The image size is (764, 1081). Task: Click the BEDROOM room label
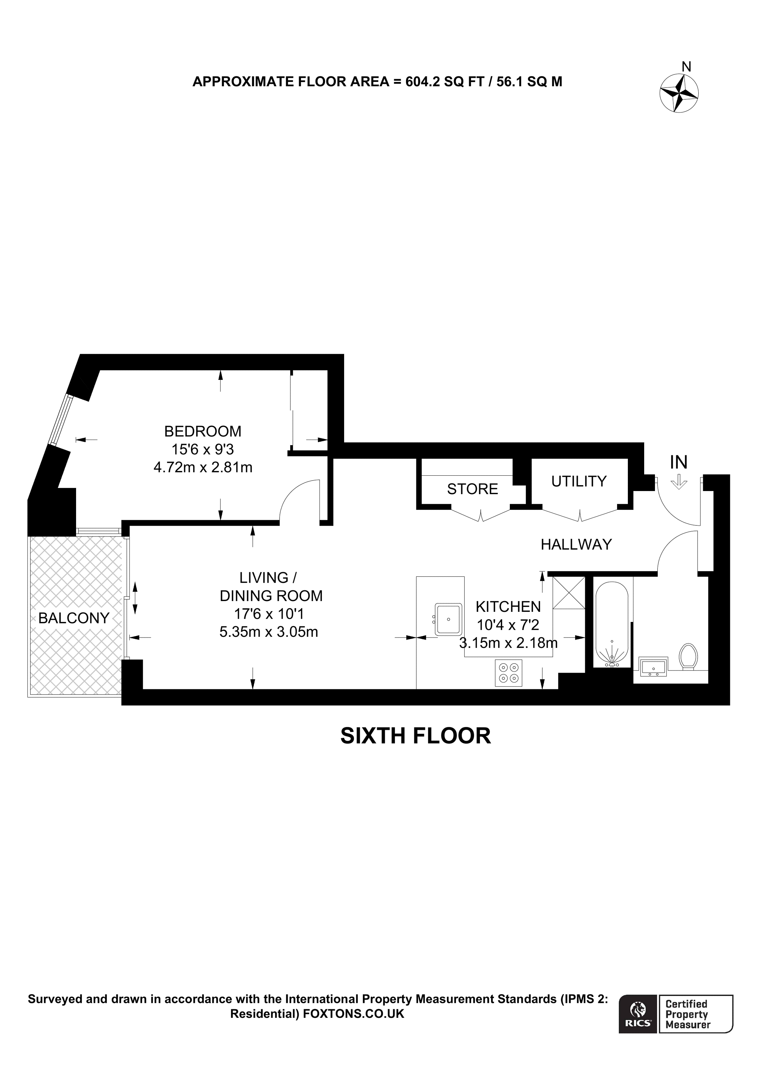(202, 431)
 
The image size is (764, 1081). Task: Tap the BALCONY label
(74, 618)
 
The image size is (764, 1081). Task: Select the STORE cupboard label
(472, 489)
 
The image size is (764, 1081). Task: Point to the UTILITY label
(579, 481)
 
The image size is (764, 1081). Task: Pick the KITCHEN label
(508, 606)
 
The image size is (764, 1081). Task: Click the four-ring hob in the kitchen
(508, 673)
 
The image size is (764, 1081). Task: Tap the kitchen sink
(447, 620)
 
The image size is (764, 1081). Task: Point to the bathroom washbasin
(653, 667)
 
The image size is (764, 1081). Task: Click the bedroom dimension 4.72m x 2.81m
(202, 467)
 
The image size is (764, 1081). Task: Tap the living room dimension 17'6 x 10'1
(268, 614)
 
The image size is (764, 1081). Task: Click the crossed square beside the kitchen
(568, 592)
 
